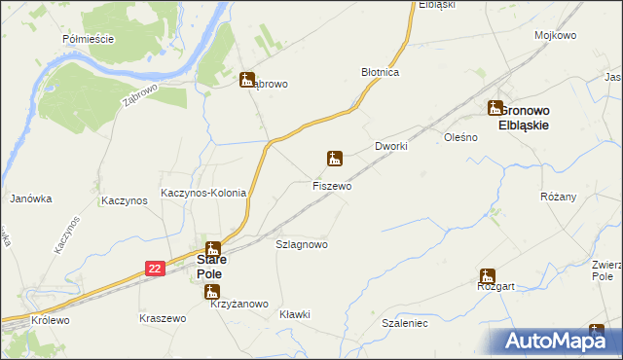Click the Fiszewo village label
pyautogui.click(x=332, y=185)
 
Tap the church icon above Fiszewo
pyautogui.click(x=334, y=158)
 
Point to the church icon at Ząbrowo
pyautogui.click(x=247, y=81)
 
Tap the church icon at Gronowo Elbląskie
pyautogui.click(x=495, y=109)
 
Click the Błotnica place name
pyautogui.click(x=382, y=72)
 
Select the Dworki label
pyautogui.click(x=390, y=146)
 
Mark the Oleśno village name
pyautogui.click(x=460, y=138)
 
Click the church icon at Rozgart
pyautogui.click(x=487, y=275)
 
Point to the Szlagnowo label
pyautogui.click(x=302, y=244)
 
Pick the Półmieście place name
pyautogui.click(x=88, y=39)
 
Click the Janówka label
pyautogui.click(x=30, y=198)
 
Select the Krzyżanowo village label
pyautogui.click(x=238, y=305)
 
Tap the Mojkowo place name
pyautogui.click(x=554, y=35)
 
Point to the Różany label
pyautogui.click(x=559, y=197)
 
